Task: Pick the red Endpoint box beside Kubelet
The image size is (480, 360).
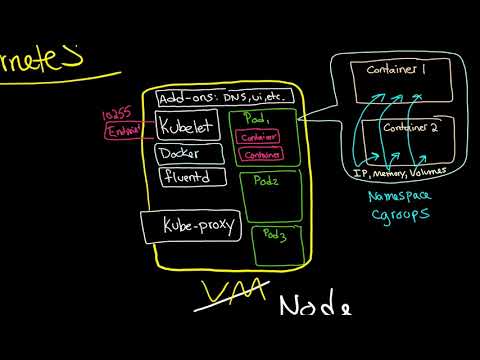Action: coord(126,132)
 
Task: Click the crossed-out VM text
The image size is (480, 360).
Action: coord(241,291)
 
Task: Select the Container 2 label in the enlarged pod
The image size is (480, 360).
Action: coord(405,129)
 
